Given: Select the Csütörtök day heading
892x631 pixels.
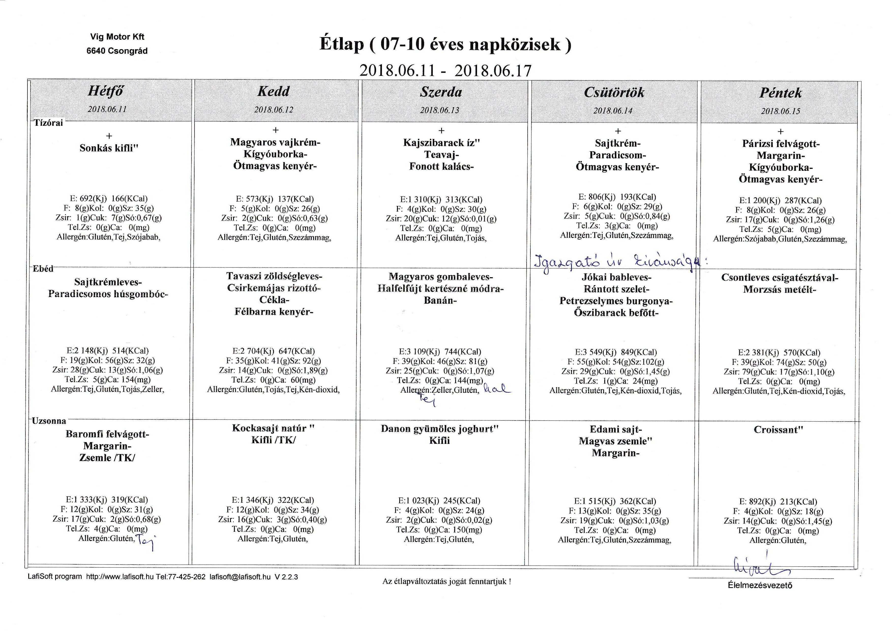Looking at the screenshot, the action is pos(614,93).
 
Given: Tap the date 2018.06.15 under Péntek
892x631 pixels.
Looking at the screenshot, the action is pos(781,111).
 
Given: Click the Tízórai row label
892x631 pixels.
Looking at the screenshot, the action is pos(48,123).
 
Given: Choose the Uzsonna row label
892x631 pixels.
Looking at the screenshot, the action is pos(49,421).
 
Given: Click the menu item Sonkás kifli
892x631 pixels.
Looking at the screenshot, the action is pos(109,148).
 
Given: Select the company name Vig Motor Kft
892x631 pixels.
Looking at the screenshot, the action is pos(117,37).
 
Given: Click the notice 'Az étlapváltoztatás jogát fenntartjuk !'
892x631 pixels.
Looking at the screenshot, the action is pos(447,582).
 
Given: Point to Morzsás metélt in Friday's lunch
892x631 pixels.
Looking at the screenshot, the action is pos(779,290).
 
